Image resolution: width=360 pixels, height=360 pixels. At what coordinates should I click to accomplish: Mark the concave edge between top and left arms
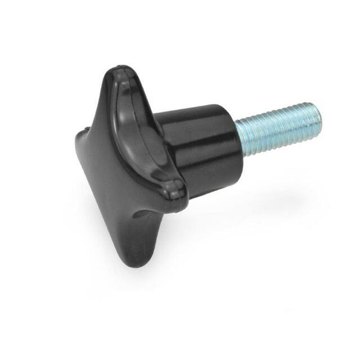(93, 107)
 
